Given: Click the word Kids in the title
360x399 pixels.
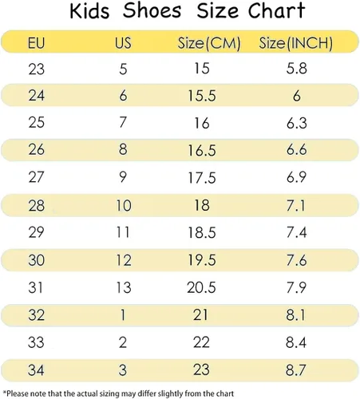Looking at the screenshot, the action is (89, 10).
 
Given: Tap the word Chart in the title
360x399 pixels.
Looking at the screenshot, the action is (276, 10).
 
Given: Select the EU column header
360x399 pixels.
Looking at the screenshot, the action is (36, 43).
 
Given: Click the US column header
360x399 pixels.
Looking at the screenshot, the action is (123, 43).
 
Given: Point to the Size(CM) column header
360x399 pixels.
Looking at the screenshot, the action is (209, 43).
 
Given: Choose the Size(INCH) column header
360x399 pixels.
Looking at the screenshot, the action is (296, 43).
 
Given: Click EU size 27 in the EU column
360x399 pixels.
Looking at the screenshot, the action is (36, 177).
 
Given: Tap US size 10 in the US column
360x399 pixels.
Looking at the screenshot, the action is (124, 206).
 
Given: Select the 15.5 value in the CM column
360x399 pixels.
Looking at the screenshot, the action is (202, 96).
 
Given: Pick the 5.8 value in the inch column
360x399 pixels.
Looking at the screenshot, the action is (296, 69).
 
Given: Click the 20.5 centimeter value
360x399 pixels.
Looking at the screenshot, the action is (201, 288).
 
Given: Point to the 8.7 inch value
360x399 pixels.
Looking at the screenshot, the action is (296, 370).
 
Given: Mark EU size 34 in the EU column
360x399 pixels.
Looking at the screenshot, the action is (36, 370).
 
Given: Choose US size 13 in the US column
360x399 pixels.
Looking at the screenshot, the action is (124, 288).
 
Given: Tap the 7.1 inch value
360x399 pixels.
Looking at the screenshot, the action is (296, 206).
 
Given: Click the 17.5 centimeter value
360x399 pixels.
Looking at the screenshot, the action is (202, 178).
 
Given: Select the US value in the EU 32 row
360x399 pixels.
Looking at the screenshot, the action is (123, 315).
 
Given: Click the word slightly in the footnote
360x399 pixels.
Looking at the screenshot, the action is (170, 393).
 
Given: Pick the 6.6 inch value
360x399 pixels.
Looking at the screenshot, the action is (296, 150).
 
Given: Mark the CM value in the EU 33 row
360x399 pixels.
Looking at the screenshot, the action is (201, 342).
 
